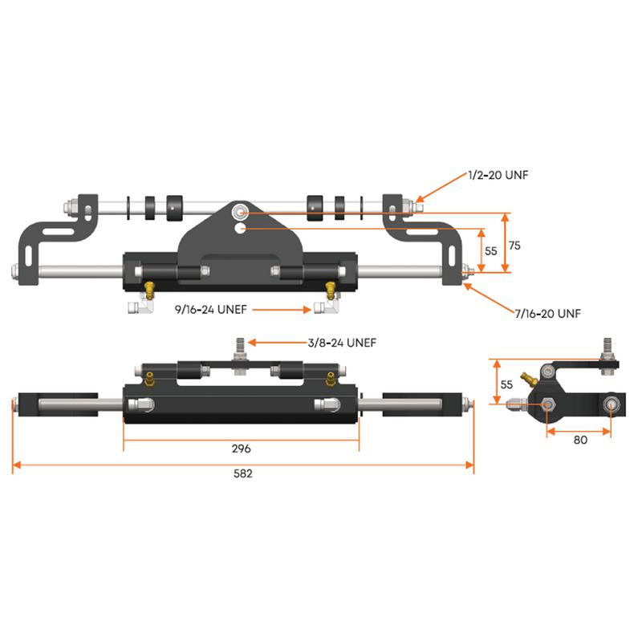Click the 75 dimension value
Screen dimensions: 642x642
[x=514, y=246]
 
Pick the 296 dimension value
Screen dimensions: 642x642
[x=242, y=449]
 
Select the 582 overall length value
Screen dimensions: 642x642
[x=242, y=473]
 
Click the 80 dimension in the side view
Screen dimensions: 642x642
[x=581, y=440]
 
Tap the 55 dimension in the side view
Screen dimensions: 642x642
[x=506, y=384]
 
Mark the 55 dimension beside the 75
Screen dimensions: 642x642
[x=492, y=250]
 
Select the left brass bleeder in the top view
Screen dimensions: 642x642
[x=148, y=287]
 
